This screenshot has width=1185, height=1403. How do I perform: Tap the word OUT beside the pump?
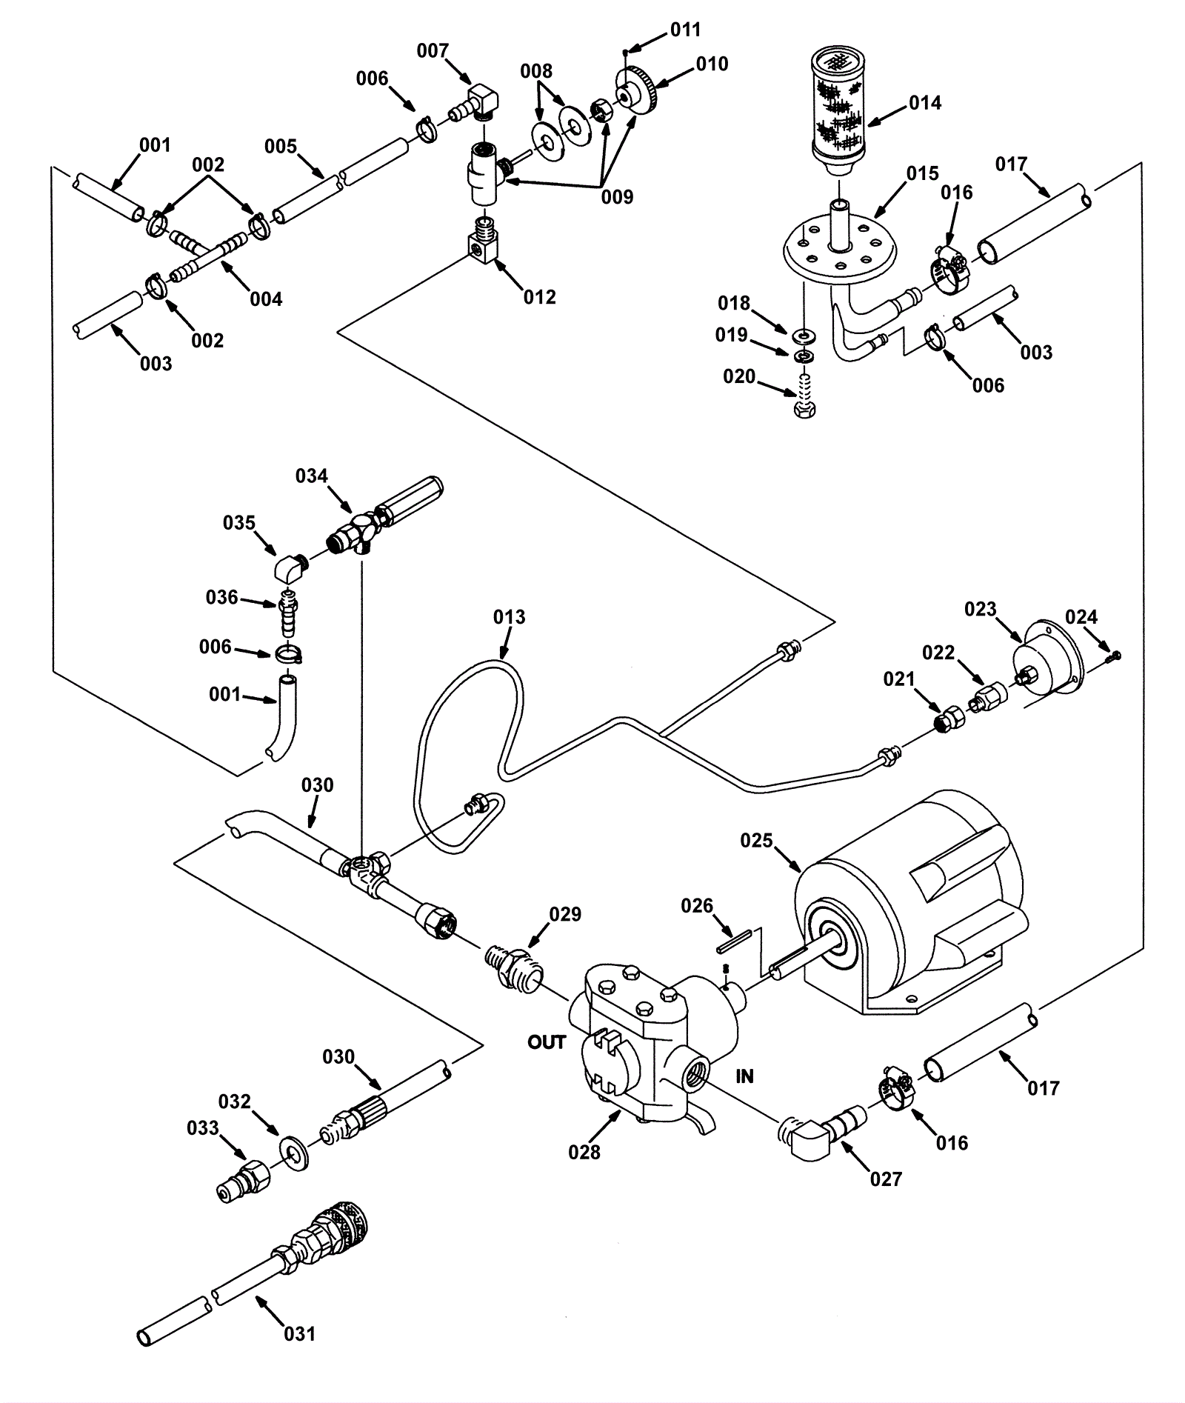(x=547, y=1042)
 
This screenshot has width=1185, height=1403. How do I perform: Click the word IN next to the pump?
(x=744, y=1076)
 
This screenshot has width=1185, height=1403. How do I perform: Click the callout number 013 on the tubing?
(x=510, y=617)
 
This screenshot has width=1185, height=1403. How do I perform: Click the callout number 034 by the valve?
(x=311, y=476)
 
